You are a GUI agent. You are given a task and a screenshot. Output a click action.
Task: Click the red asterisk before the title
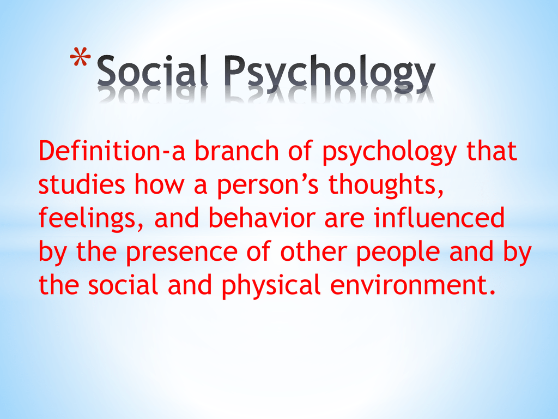tap(81, 57)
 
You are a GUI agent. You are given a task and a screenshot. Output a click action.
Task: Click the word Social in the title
tap(153, 70)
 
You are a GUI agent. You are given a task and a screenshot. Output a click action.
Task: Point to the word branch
tap(236, 151)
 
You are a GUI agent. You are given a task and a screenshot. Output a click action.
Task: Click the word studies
tap(82, 184)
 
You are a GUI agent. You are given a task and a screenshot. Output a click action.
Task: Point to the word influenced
tap(439, 218)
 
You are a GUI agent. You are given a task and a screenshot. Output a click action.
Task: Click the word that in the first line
tap(492, 151)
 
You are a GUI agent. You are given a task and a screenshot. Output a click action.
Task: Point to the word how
tap(159, 184)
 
